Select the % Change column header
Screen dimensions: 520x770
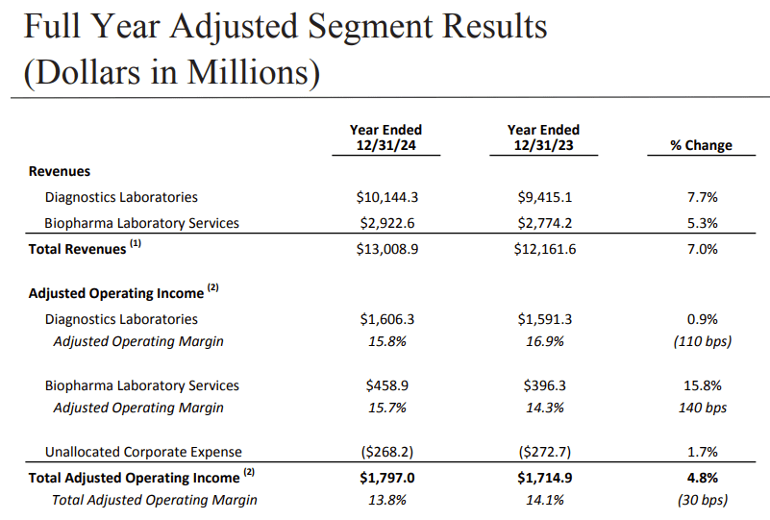tap(701, 145)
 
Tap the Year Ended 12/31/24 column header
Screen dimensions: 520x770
tap(385, 137)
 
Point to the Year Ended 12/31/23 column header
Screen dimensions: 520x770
tap(543, 137)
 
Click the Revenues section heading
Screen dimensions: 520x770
tap(60, 171)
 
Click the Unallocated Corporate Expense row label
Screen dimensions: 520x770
tap(143, 452)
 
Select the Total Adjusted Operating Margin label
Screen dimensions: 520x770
tap(155, 500)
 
